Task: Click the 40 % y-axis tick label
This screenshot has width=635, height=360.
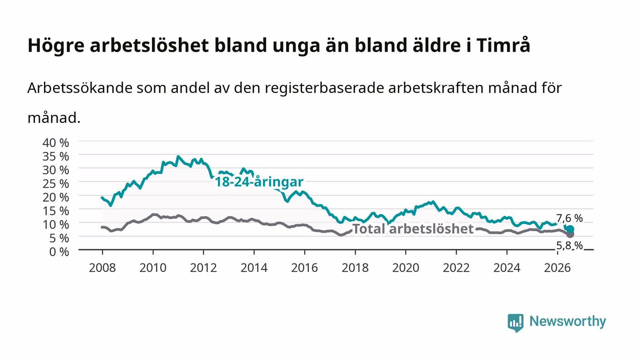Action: (x=55, y=142)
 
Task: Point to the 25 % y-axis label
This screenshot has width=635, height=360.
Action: (x=55, y=184)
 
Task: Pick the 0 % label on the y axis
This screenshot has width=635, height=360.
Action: (x=59, y=252)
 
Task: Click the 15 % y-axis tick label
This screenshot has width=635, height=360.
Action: (x=55, y=211)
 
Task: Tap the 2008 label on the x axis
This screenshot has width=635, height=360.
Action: (x=103, y=268)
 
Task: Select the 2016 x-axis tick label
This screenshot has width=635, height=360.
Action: (x=304, y=268)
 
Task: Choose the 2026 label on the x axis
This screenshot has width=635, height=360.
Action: (x=557, y=268)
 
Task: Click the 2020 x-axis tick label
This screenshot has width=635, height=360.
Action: (x=405, y=268)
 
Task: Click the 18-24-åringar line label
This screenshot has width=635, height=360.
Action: (x=259, y=182)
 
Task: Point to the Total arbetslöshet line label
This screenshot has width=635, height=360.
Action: (x=413, y=229)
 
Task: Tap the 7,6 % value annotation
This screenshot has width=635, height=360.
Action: (x=569, y=218)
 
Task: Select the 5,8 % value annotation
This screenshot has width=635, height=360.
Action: (x=569, y=245)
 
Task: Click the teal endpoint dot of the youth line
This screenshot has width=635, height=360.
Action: (x=570, y=229)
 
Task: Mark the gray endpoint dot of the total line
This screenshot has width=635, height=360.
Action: (x=570, y=234)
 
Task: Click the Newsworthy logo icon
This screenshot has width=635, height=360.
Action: (x=515, y=322)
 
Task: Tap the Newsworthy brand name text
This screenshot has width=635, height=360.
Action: (x=567, y=321)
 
